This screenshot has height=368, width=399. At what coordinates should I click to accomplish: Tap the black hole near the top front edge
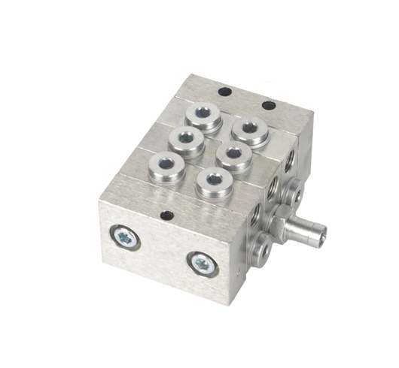pyautogui.click(x=166, y=216)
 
